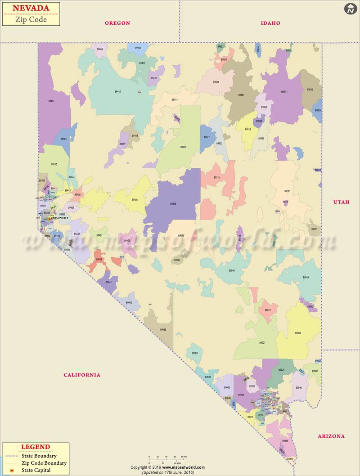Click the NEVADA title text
31,8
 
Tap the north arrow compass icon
351,9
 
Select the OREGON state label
117,23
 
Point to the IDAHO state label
270,23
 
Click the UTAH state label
341,202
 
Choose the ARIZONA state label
331,436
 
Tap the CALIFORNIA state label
82,375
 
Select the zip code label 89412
51,101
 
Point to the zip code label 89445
117,91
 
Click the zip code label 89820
183,147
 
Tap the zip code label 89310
173,204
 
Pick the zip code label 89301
288,191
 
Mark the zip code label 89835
283,92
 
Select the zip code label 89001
262,343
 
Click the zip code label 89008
298,333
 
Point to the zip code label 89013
163,330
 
